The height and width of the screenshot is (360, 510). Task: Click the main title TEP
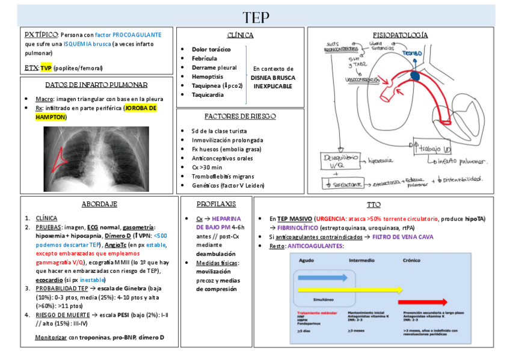[256, 16]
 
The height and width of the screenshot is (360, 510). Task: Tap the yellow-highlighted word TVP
[46, 68]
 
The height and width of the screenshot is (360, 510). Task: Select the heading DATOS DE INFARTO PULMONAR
[96, 85]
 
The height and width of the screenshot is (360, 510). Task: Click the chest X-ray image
[96, 158]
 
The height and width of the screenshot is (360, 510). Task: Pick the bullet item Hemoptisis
[207, 76]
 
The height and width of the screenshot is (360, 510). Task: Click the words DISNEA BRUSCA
[272, 78]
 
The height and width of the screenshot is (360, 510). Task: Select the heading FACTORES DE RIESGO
[240, 116]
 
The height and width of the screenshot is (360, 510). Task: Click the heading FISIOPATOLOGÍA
[401, 35]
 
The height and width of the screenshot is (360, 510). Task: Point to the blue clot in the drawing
[416, 75]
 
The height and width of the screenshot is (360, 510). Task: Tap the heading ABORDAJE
[99, 204]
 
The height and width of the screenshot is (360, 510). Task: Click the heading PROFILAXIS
[216, 204]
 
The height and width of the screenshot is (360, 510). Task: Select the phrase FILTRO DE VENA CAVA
[402, 237]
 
